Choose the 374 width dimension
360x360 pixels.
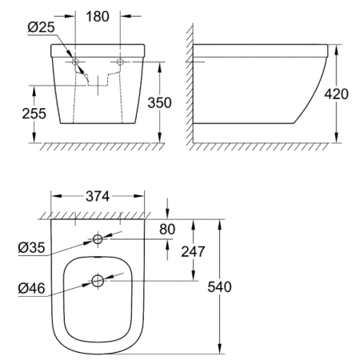point(99,197)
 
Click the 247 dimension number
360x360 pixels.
point(193,250)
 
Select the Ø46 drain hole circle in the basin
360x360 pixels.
point(98,281)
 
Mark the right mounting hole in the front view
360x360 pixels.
point(120,62)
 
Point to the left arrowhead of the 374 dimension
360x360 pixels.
point(52,197)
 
